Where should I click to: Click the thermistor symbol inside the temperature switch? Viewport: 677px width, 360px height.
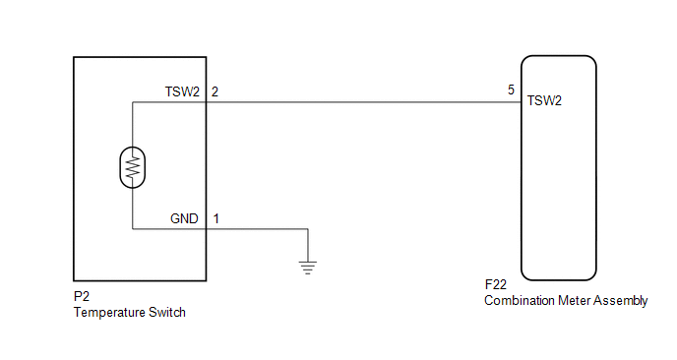pyautogui.click(x=133, y=167)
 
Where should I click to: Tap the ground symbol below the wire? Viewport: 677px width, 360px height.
pyautogui.click(x=308, y=268)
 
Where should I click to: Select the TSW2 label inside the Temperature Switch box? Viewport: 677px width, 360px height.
pyautogui.click(x=182, y=91)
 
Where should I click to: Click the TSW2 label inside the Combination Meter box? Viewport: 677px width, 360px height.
pyautogui.click(x=544, y=100)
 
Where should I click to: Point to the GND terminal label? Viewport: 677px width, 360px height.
pyautogui.click(x=184, y=218)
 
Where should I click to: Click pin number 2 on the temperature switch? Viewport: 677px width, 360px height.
pyautogui.click(x=215, y=91)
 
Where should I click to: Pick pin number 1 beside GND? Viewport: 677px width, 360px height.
pyautogui.click(x=215, y=218)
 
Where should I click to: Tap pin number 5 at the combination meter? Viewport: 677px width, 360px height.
pyautogui.click(x=512, y=90)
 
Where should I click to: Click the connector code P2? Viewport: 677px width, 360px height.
pyautogui.click(x=81, y=296)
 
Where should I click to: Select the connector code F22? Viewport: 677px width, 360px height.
pyautogui.click(x=496, y=284)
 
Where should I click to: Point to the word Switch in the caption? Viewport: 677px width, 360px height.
pyautogui.click(x=167, y=312)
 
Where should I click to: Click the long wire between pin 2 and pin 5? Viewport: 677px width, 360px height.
pyautogui.click(x=364, y=102)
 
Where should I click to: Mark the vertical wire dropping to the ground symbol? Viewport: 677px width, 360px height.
pyautogui.click(x=308, y=245)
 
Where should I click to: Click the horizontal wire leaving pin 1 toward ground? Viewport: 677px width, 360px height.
pyautogui.click(x=257, y=229)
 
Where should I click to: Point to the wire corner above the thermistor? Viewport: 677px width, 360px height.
pyautogui.click(x=133, y=102)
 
